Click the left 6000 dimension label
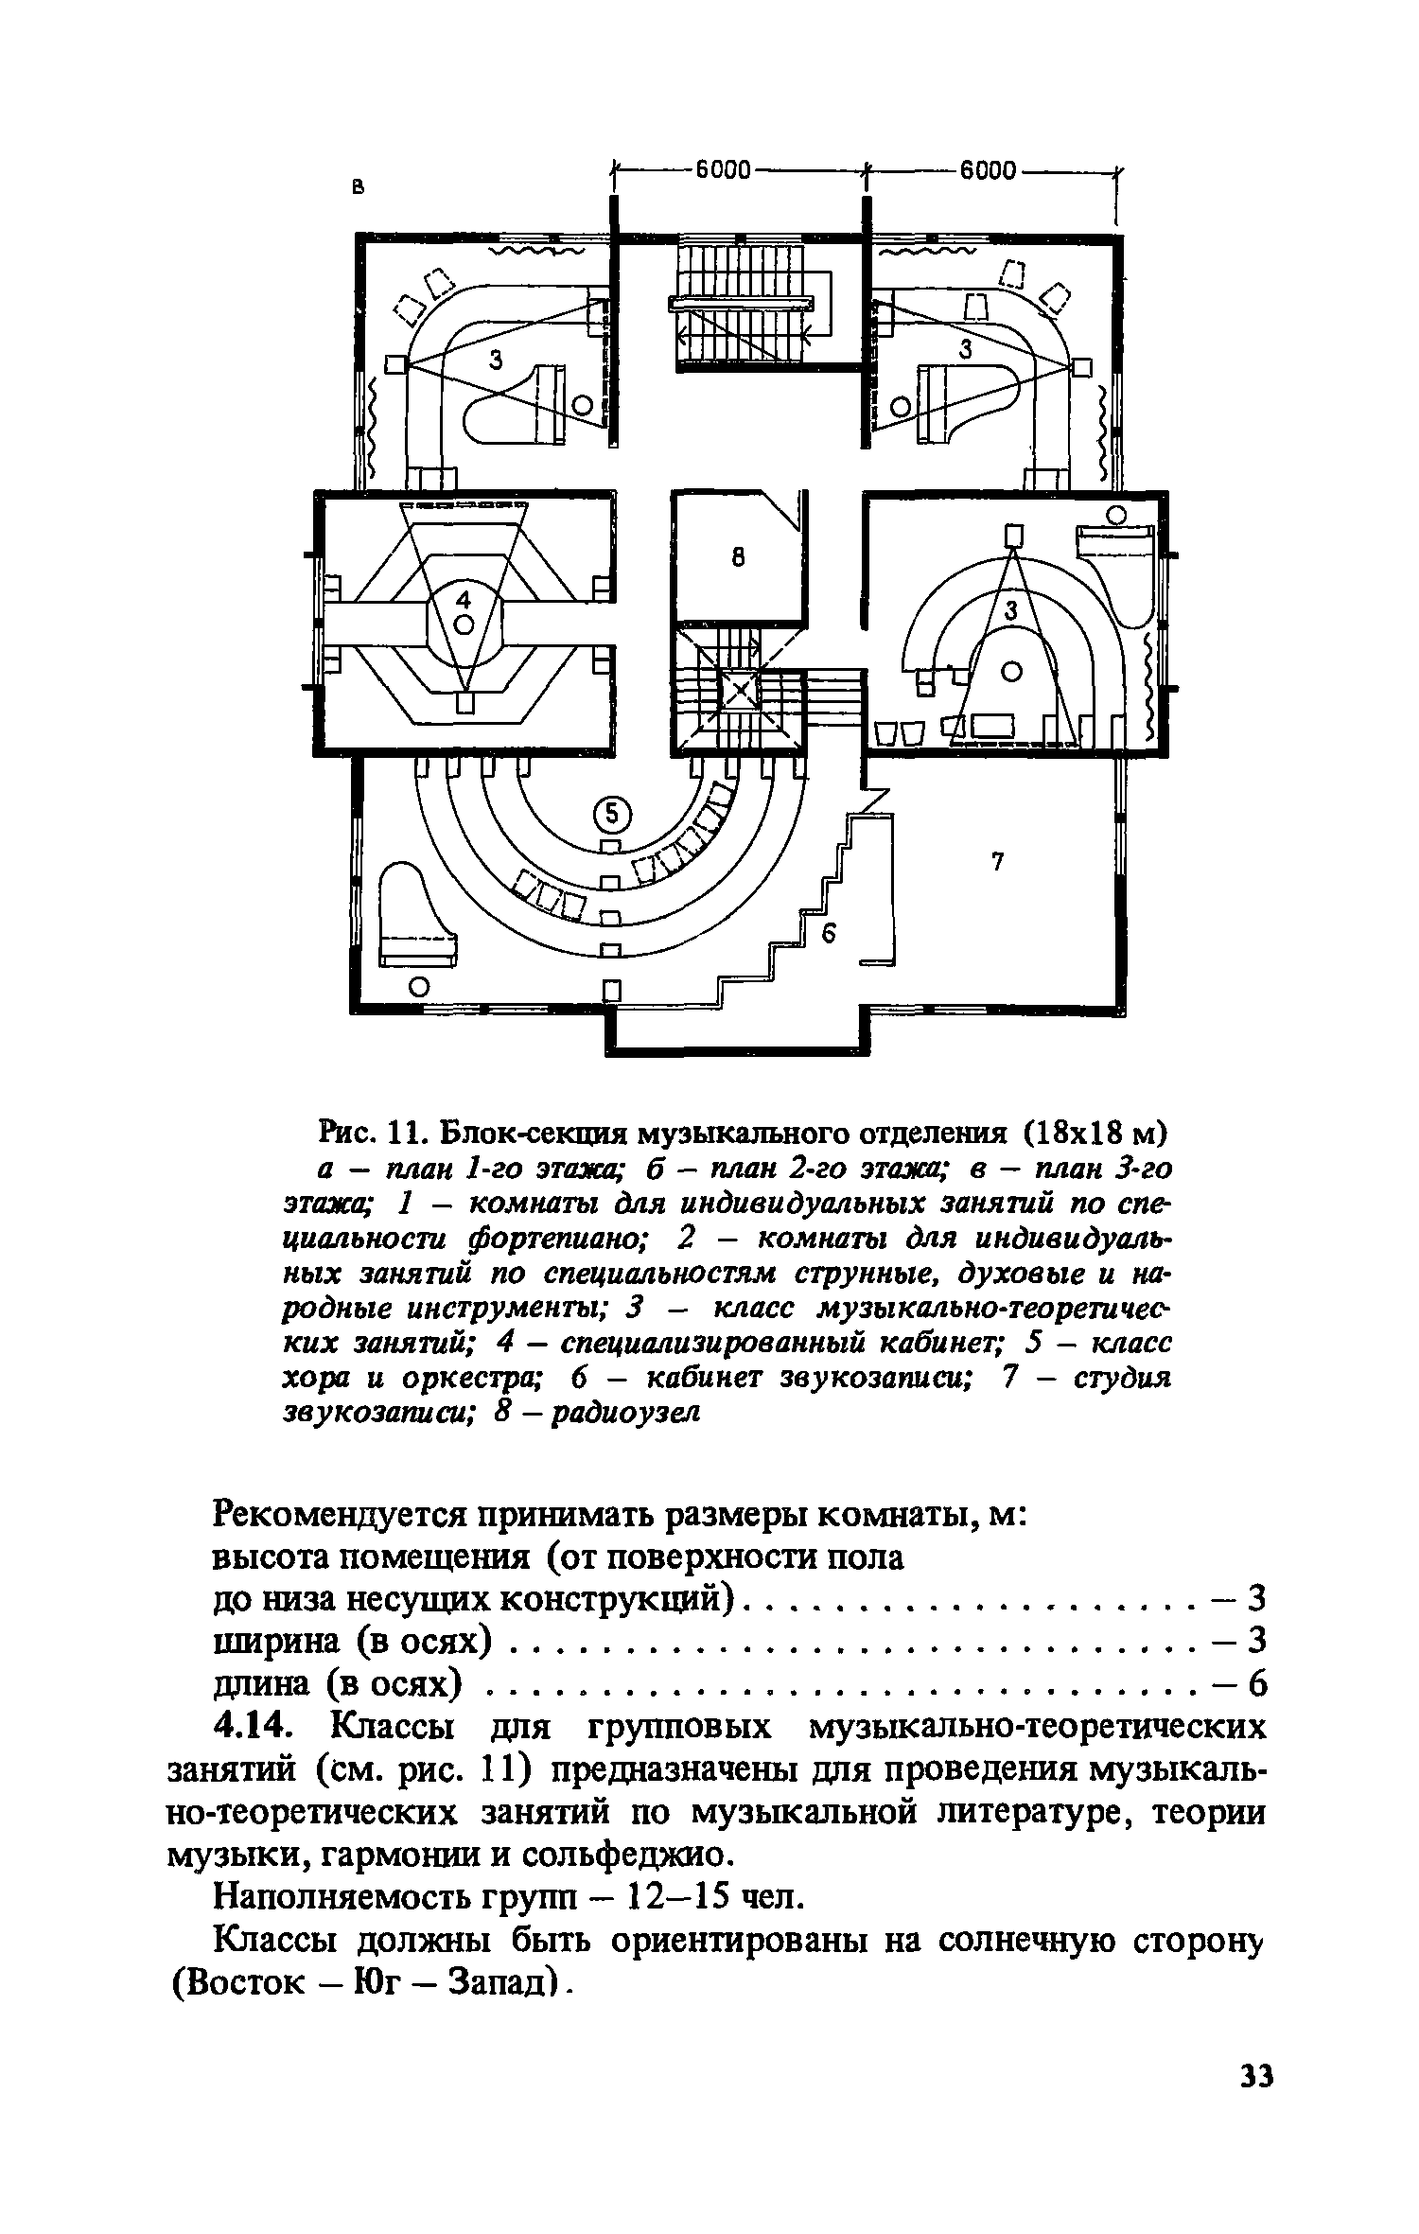click(723, 170)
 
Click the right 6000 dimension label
click(988, 170)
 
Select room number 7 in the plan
click(996, 861)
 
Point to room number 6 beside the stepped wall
click(830, 934)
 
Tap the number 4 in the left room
click(463, 599)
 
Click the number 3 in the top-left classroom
click(496, 359)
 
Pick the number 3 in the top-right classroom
click(966, 349)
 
